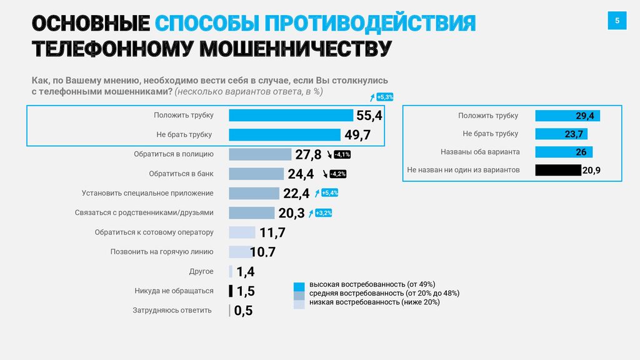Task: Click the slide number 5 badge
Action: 617,21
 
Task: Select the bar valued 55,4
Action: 291,115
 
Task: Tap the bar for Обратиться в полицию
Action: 260,154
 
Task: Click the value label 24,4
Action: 301,174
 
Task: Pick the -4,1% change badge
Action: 342,154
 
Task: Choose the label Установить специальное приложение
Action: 147,193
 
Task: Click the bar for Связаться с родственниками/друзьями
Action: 251,212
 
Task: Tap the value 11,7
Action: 272,232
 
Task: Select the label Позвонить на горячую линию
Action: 162,252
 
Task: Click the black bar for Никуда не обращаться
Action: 231,291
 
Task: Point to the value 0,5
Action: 243,311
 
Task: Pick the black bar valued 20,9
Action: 558,169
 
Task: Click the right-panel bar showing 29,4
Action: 567,116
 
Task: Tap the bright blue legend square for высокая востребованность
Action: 299,285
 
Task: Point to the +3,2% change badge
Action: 324,213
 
